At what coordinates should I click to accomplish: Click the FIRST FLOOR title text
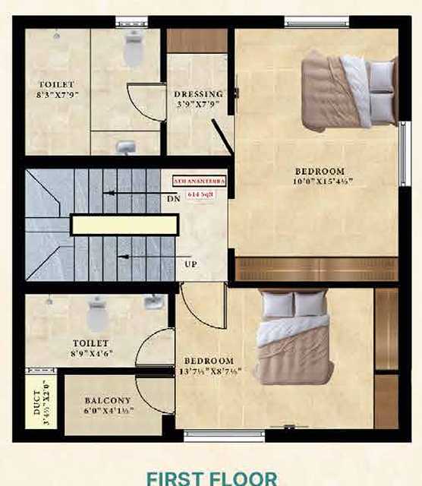click(211, 478)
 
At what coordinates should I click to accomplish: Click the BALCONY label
click(107, 400)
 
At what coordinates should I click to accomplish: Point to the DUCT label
click(38, 400)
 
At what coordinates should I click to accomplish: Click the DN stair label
click(174, 199)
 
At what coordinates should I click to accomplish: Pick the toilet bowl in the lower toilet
click(98, 313)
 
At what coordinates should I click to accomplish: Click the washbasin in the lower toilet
click(154, 302)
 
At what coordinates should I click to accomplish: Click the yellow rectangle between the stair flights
click(124, 223)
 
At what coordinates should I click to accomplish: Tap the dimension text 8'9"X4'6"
click(91, 354)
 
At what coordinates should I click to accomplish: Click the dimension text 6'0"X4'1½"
click(107, 410)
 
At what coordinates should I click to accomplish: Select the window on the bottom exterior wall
click(224, 436)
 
